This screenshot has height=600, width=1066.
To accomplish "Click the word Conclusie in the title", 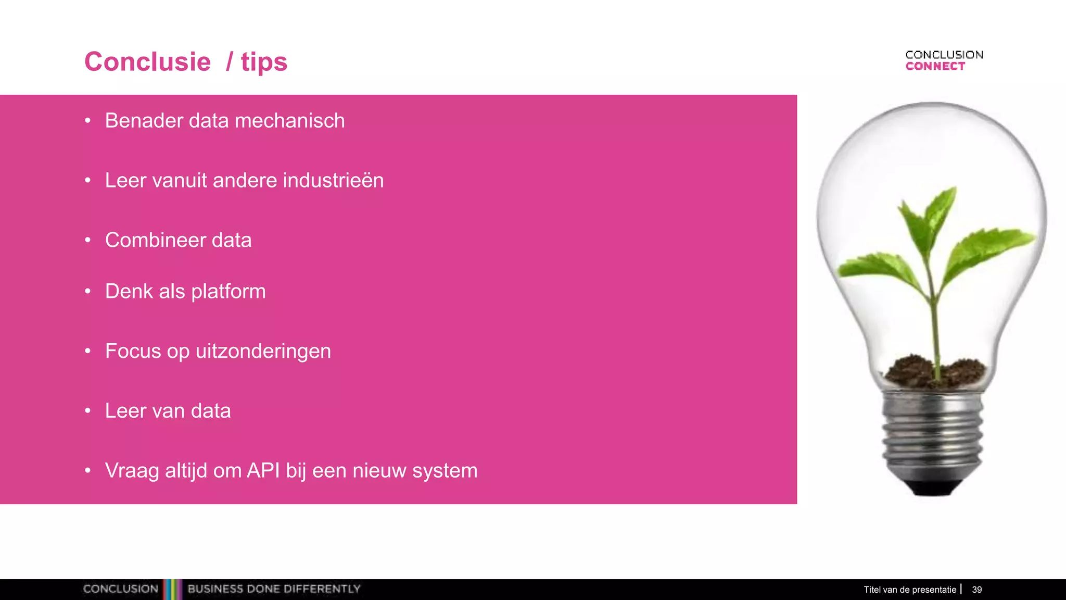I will tap(148, 62).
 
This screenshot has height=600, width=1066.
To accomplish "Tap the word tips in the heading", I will tap(264, 63).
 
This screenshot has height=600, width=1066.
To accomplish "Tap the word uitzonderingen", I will tap(263, 352).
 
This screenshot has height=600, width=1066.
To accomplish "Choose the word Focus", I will tap(133, 351).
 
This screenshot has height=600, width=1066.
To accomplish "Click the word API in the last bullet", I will tap(263, 471).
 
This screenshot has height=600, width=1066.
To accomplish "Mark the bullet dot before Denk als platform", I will tap(88, 291).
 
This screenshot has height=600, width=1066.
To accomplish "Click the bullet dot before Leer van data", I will tap(88, 411).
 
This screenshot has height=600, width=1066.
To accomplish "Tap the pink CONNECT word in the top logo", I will tap(935, 67).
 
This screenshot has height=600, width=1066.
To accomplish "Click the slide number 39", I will tap(977, 590).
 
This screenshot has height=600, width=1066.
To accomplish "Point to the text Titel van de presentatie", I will tap(910, 590).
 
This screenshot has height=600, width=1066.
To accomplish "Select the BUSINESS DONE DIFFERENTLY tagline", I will tap(274, 589).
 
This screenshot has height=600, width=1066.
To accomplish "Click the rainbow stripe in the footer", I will tap(172, 589).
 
